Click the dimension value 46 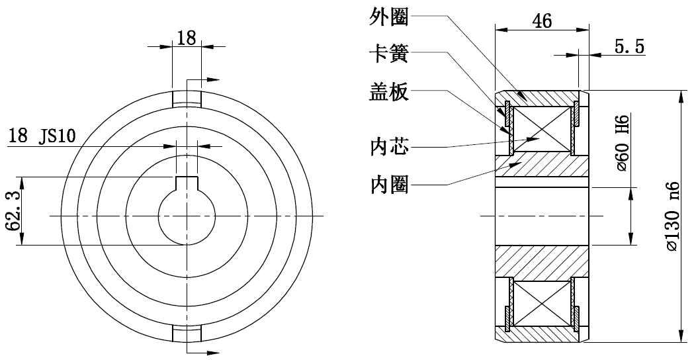[x=542, y=21]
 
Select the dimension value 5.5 [x=629, y=46]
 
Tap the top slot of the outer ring [x=187, y=98]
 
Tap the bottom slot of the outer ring [x=187, y=333]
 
